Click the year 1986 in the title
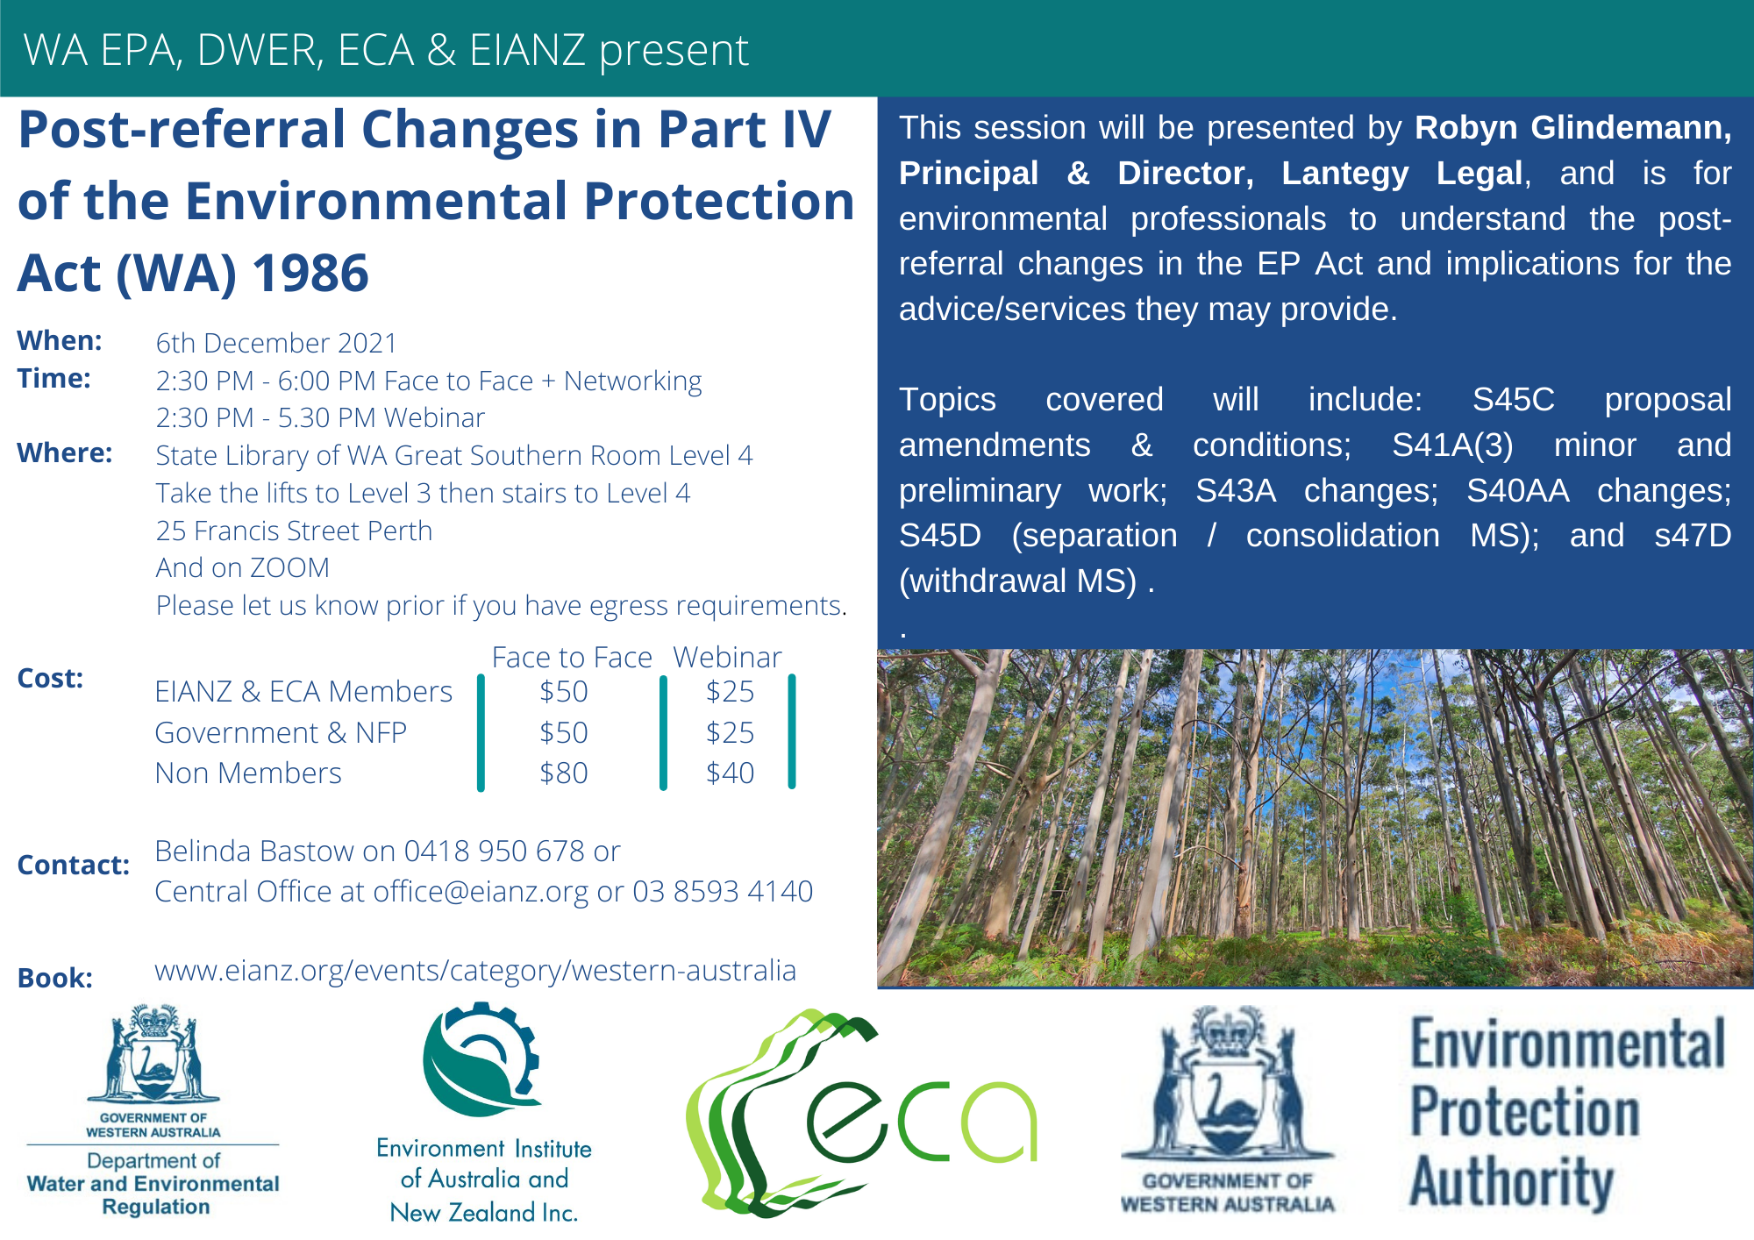pos(310,273)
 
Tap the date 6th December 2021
pos(276,343)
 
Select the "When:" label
pos(60,340)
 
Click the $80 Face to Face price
pos(563,773)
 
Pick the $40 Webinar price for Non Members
pos(730,773)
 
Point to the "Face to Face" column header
pos(572,658)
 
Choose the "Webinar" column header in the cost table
pos(727,658)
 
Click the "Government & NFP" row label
pos(281,732)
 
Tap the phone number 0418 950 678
pos(495,851)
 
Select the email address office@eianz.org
pos(481,892)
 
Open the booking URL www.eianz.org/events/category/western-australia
pos(475,971)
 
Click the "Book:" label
pos(55,978)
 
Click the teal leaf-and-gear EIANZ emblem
pos(481,1059)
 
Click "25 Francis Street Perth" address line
pos(294,531)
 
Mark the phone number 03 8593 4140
pos(723,891)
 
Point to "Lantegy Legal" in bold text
pos(1402,174)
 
